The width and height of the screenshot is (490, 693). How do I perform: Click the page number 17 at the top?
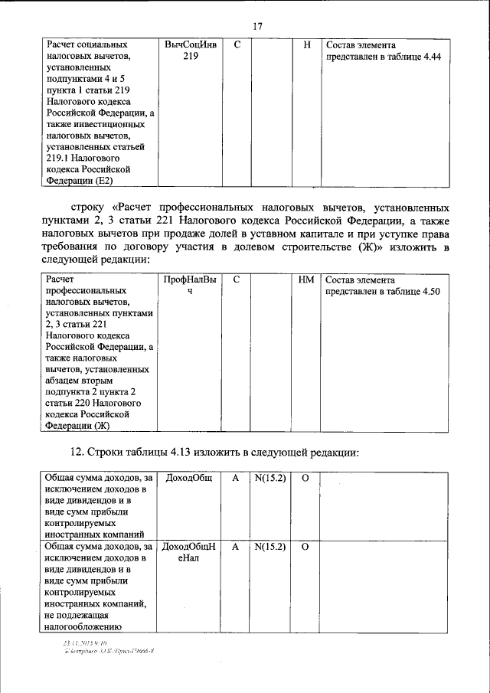tap(256, 26)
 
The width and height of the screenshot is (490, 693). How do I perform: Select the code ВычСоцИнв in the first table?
tap(191, 45)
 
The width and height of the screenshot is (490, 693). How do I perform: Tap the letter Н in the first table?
tap(306, 45)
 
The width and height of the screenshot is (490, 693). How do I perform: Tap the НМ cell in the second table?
tap(306, 280)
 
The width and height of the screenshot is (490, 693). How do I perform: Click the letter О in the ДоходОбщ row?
tap(305, 479)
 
